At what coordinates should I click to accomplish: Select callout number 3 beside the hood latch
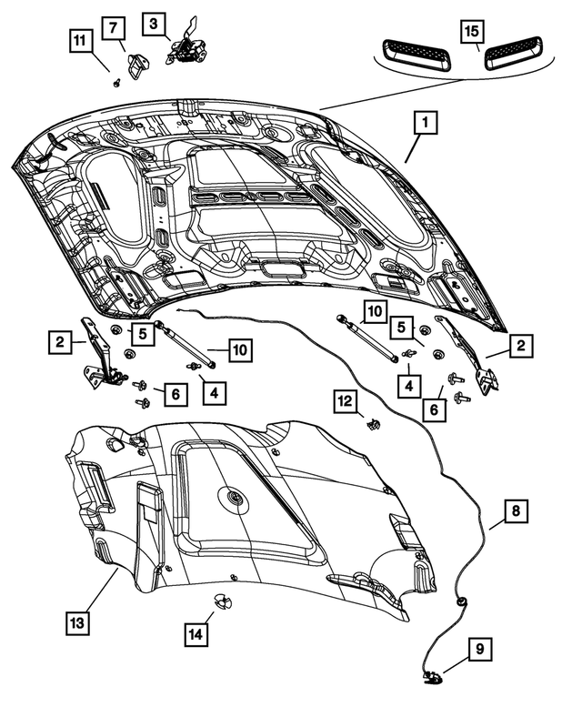(x=153, y=22)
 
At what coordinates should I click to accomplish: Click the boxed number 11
(x=81, y=40)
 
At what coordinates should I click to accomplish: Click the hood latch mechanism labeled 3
(x=185, y=45)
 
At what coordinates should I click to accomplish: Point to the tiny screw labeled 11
(x=117, y=83)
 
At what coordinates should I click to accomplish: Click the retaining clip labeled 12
(x=372, y=422)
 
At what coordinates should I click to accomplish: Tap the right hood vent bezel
(x=514, y=56)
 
